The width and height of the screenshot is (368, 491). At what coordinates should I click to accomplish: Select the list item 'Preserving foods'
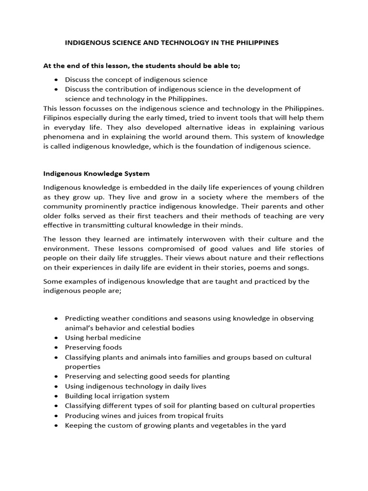coord(93,348)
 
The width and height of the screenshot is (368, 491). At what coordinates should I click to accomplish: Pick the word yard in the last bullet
coord(278,425)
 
